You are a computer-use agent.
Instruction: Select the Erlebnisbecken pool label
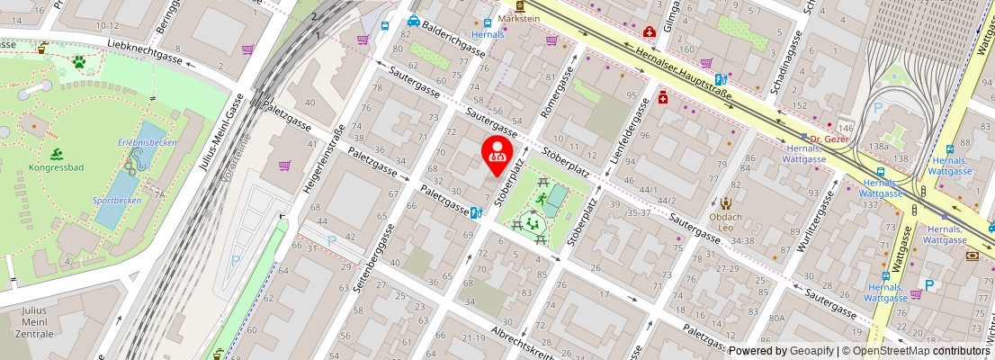tap(148, 142)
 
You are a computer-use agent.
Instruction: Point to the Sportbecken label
tap(117, 201)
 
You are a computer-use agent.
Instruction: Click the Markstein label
tap(520, 18)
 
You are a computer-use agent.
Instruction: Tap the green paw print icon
tap(79, 62)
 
